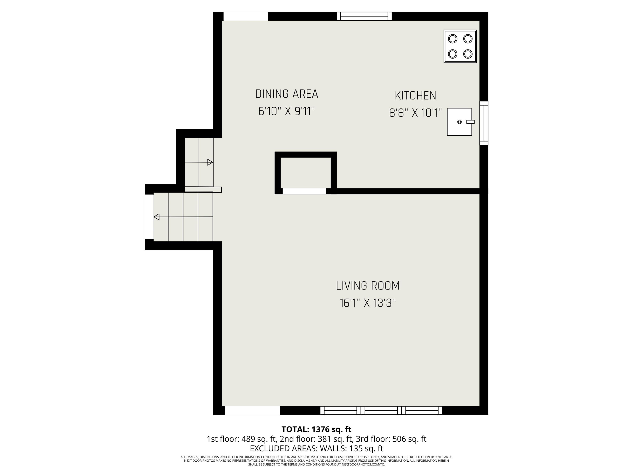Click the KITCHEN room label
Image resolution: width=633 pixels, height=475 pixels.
[415, 96]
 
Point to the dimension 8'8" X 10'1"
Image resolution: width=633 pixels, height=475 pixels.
[415, 113]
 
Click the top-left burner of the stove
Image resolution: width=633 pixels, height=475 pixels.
[452, 39]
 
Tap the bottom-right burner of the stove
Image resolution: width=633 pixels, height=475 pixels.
[468, 54]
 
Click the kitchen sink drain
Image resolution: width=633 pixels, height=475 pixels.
[459, 122]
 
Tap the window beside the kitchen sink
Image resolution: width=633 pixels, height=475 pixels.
[484, 123]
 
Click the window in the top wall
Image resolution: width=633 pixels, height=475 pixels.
[364, 16]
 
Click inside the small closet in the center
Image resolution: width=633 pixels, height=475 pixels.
[305, 173]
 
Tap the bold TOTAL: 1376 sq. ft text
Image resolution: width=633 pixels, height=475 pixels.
[316, 429]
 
